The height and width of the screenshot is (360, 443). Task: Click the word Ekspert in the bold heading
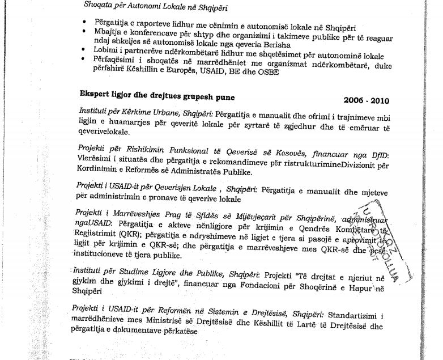(96, 97)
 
